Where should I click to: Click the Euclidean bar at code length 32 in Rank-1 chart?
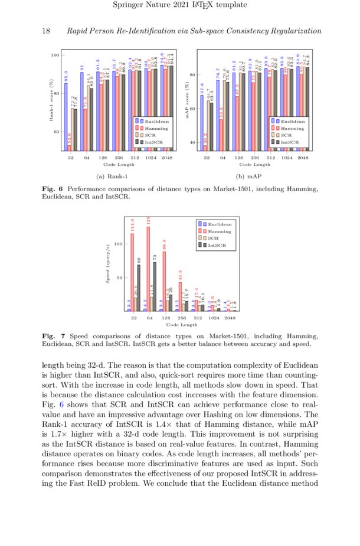(x=66, y=117)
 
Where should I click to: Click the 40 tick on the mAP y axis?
(x=192, y=143)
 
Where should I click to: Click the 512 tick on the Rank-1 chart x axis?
(x=135, y=158)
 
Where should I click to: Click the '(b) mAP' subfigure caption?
(x=248, y=176)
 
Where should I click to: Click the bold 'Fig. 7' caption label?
(x=53, y=336)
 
